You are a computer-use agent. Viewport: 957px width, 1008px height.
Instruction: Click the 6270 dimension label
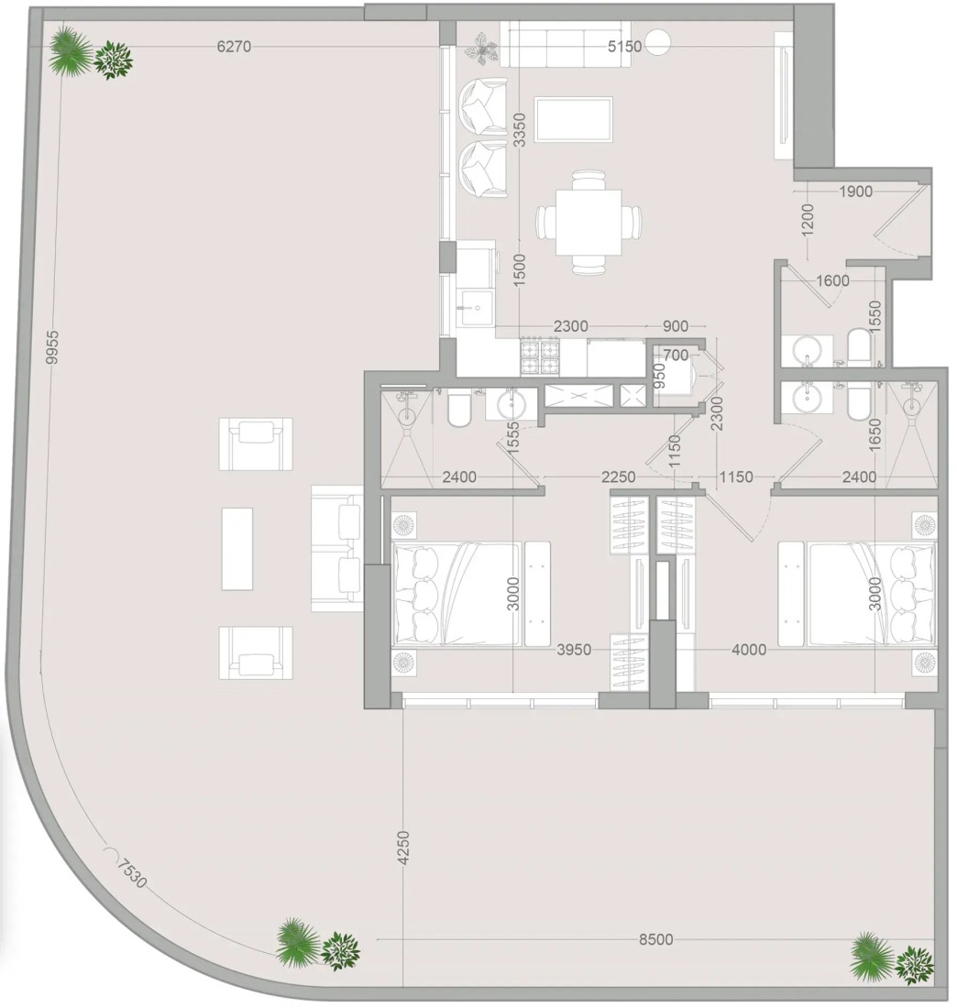coord(234,47)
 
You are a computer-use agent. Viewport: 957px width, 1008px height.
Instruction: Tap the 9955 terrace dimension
coord(53,347)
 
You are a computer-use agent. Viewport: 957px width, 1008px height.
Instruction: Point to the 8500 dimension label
coord(656,939)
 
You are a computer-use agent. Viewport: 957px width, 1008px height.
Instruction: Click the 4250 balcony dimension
coord(403,848)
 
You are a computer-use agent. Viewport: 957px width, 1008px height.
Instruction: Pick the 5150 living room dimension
coord(625,47)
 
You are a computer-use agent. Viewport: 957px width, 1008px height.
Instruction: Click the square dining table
coord(589,223)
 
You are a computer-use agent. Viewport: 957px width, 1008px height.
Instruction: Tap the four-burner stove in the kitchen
coord(540,357)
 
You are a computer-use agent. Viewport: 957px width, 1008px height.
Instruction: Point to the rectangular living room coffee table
coord(573,119)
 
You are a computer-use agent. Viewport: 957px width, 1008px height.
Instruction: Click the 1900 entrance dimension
coord(856,191)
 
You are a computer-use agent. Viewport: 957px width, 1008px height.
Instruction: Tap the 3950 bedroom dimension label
coord(574,650)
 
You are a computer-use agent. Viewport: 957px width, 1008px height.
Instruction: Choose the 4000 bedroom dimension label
coord(749,650)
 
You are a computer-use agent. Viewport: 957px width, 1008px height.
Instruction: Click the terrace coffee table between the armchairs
coord(237,549)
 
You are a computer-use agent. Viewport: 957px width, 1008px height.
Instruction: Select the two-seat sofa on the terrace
coord(337,548)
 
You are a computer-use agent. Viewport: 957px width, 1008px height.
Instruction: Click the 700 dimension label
coord(676,355)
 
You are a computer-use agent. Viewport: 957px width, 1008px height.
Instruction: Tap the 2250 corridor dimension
coord(618,477)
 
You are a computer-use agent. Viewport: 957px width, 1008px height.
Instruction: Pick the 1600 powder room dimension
coord(833,280)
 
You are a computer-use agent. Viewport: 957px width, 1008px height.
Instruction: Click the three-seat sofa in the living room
coord(566,44)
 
